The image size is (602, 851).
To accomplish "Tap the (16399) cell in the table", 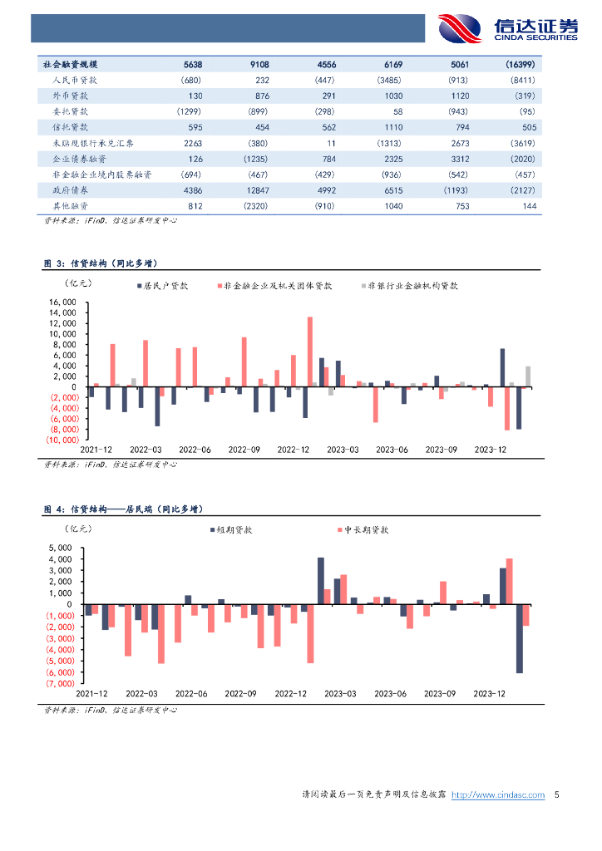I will [520, 64].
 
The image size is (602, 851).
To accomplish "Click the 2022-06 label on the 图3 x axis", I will [195, 450].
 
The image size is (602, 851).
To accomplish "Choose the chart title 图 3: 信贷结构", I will [100, 263].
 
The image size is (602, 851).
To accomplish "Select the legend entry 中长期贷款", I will [366, 529].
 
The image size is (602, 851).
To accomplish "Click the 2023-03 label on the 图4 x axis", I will [341, 693].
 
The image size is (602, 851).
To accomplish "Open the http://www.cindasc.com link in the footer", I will [498, 795].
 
